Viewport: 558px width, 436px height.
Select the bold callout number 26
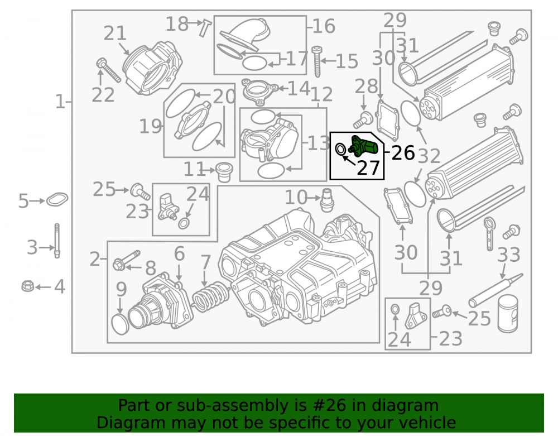pos(403,153)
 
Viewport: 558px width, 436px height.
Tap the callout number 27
pos(368,168)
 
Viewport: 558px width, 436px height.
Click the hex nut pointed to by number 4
pos(28,286)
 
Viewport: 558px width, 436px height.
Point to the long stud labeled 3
pos(57,241)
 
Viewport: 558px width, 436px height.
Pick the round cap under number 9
pos(121,324)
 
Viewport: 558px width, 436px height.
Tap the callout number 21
pos(115,33)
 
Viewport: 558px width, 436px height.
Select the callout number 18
pos(177,24)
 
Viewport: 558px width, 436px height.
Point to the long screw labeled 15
pos(317,61)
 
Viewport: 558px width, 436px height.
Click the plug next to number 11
pos(224,172)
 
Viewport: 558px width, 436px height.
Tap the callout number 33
pos(508,255)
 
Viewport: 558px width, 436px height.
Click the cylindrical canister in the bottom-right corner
pos(507,314)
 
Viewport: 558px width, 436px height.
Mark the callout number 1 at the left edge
pos(60,102)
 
